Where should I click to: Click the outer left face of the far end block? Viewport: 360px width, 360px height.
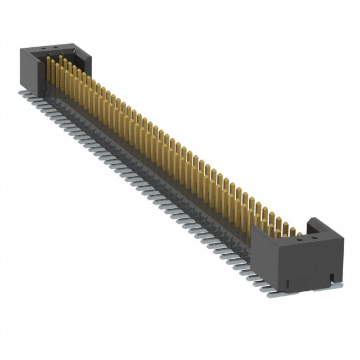click(27, 68)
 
